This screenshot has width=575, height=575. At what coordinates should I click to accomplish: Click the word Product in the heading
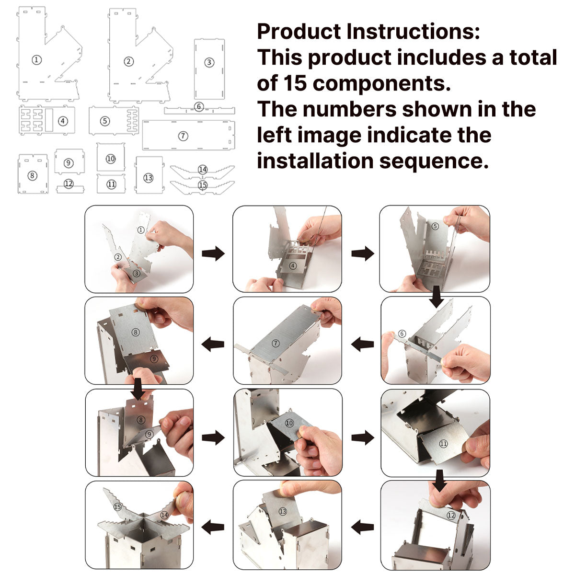point(299,32)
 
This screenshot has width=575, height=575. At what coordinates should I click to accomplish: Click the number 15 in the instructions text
point(295,83)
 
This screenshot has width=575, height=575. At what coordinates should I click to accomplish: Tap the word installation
point(315,161)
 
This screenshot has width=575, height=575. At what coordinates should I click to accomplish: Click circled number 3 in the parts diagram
point(209,62)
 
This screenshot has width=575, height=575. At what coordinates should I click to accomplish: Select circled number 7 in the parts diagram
point(183,136)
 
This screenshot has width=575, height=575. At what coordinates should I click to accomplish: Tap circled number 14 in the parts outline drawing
point(203,169)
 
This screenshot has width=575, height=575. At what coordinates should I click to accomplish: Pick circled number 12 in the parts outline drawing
point(69,184)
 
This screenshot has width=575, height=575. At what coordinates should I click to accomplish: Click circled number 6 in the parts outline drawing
point(199,106)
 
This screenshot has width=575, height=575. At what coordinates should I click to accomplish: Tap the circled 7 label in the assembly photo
point(276,344)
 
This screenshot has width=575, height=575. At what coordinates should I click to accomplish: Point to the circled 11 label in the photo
point(443,444)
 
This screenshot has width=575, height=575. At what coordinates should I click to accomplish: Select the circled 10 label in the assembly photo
point(289,423)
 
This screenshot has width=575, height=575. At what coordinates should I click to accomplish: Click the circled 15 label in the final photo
point(117,506)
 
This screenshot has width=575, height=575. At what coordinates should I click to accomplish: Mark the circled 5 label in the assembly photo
point(435,226)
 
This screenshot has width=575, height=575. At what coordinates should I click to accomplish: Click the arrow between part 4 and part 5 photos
point(363,253)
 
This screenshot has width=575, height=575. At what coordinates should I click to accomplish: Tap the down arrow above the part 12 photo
point(440,481)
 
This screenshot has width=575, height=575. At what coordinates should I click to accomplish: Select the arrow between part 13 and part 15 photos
point(213,527)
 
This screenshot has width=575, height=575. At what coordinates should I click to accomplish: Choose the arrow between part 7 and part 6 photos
point(363,344)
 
